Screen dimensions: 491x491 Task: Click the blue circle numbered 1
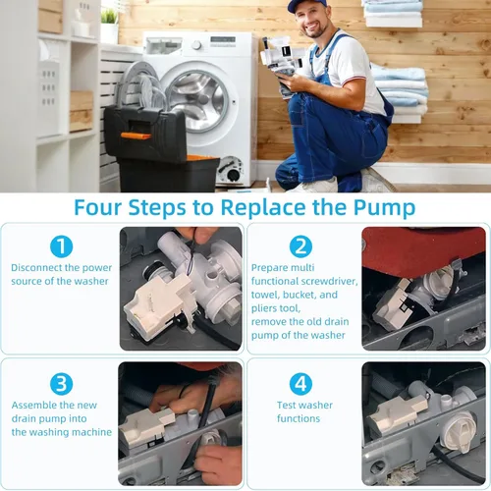coord(61,246)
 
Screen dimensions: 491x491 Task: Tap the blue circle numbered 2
coord(300,246)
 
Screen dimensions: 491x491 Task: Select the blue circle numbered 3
coord(61,384)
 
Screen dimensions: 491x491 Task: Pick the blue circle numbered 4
coord(300,384)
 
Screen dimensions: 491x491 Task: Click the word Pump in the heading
coord(384,208)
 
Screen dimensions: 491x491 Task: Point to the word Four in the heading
coord(98,207)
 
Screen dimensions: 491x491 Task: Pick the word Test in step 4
coord(286,405)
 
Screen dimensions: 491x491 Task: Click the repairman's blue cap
coord(306,5)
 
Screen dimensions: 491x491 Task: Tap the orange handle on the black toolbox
coord(136,136)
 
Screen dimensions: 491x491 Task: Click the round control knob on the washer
coord(196,45)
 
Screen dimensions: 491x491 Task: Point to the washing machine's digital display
coord(223,39)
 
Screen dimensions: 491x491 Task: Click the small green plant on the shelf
coord(109,16)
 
